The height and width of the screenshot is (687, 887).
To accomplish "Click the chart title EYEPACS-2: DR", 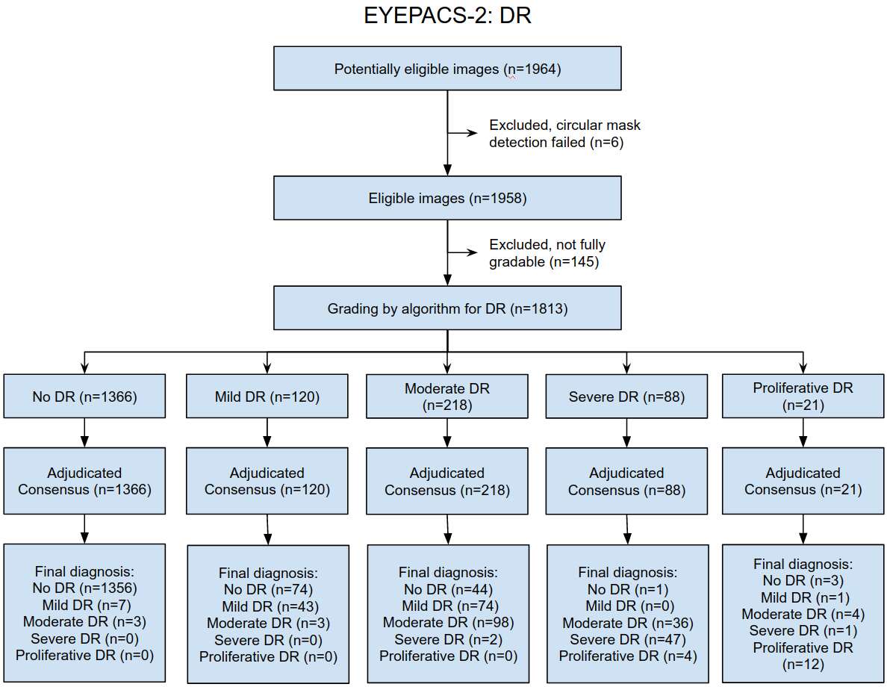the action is coord(447,15).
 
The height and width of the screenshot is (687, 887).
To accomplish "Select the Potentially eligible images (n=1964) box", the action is coord(447,69).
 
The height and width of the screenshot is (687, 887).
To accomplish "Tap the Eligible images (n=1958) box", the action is coord(447,198).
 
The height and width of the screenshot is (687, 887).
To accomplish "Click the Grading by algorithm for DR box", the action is coord(447,308).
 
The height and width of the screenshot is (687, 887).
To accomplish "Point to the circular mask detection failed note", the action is coord(564,134).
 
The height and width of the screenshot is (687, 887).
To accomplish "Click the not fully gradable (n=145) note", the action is coord(547,253).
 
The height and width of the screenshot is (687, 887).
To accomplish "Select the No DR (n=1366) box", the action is coord(85,396).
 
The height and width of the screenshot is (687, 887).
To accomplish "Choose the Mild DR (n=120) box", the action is coord(267,396).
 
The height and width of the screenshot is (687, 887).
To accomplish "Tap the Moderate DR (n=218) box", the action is coord(447,396).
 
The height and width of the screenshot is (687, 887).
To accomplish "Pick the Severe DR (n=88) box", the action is coord(626,396).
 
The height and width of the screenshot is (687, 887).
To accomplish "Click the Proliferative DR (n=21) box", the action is coord(803,396).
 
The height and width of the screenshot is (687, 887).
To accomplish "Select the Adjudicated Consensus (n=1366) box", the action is coord(85,481).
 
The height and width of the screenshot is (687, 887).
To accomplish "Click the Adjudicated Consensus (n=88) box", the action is coord(626,481).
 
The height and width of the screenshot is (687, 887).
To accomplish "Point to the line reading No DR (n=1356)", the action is coord(85,588).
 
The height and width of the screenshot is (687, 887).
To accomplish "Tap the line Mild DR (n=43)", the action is coord(270,606).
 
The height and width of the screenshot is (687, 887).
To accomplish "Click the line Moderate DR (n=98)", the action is coord(448,623).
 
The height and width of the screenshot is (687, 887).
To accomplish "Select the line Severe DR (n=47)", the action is coord(627,639).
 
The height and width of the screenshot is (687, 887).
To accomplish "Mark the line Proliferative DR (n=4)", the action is coord(628,656).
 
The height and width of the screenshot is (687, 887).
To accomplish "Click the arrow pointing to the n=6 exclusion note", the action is coord(463,133).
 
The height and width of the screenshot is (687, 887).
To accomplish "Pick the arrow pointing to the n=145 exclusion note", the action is coord(463,252).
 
